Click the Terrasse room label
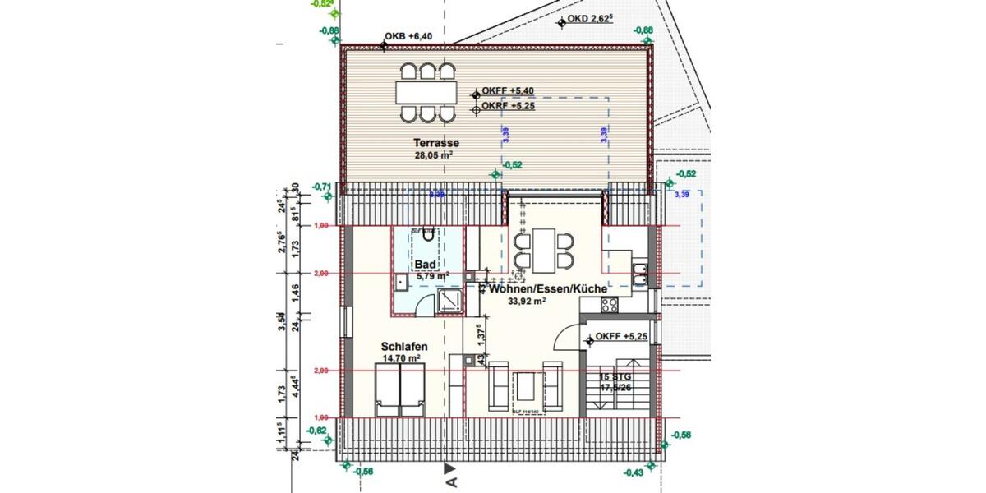(x=435, y=142)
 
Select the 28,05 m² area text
(x=435, y=154)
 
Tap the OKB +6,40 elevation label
(x=408, y=37)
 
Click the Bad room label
(x=425, y=264)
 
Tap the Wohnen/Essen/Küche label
(x=548, y=289)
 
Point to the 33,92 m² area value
(x=528, y=302)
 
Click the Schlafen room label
(x=403, y=347)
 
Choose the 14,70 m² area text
(x=403, y=358)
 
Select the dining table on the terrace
(x=426, y=90)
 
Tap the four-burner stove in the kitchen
(x=610, y=305)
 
